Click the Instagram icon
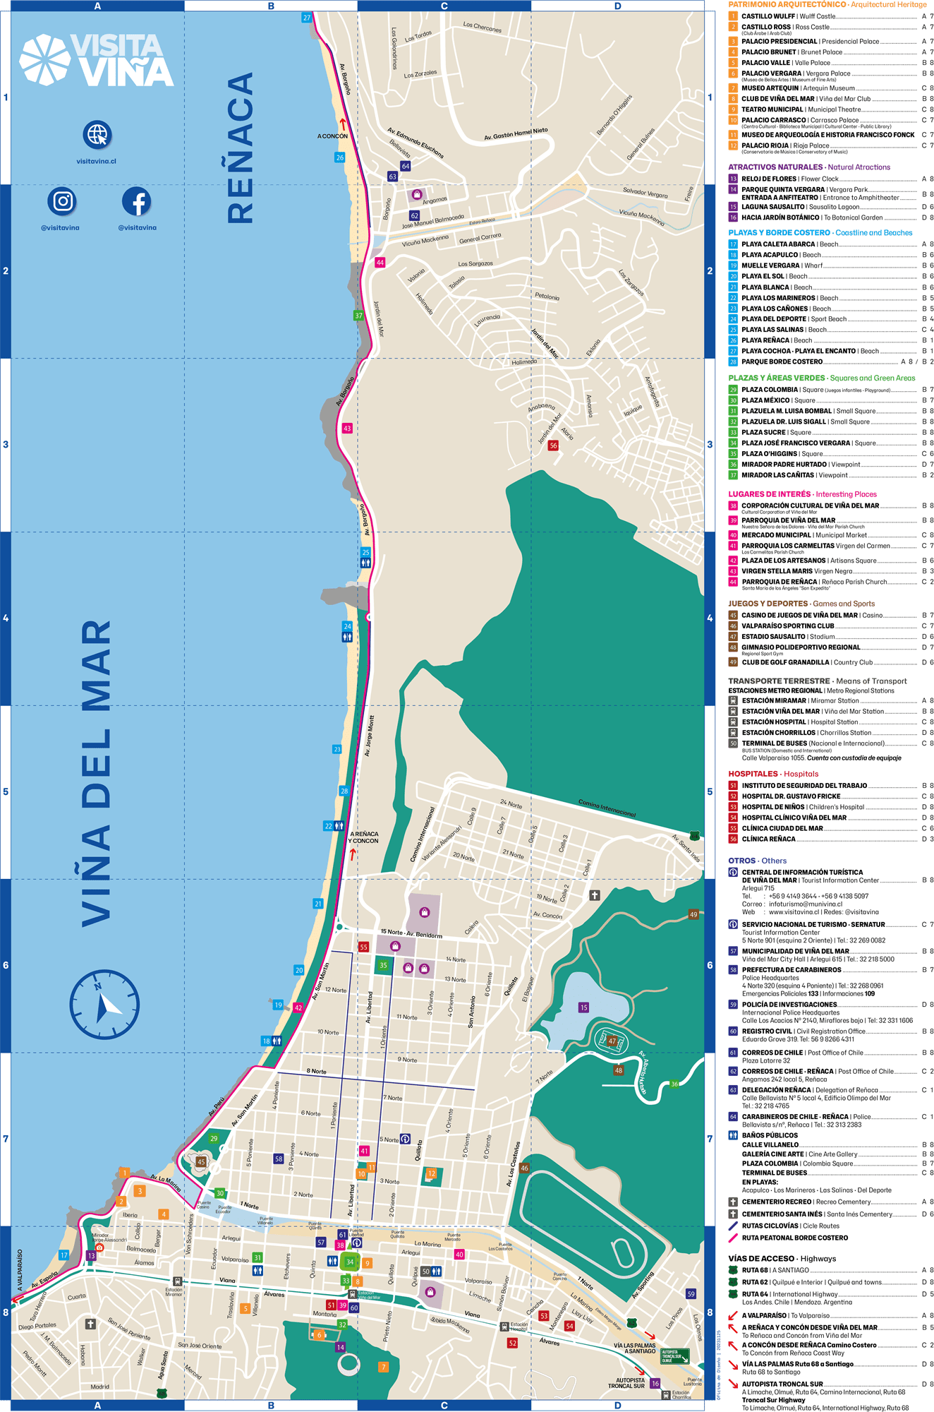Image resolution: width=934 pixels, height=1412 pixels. (x=63, y=201)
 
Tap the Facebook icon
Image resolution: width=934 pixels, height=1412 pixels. (x=137, y=201)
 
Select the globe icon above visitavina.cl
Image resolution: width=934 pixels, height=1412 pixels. (x=97, y=134)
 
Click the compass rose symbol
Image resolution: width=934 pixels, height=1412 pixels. (x=104, y=1004)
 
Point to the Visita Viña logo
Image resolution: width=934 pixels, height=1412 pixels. (x=97, y=61)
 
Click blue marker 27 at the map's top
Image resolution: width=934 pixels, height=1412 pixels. (x=306, y=18)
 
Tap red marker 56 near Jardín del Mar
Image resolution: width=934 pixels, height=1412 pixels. (x=553, y=445)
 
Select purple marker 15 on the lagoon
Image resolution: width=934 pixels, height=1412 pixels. (x=583, y=1007)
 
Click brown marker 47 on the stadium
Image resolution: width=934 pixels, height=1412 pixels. (x=612, y=1041)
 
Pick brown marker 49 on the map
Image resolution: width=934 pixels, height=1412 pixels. (x=693, y=914)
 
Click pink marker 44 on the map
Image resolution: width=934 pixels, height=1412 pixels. (x=380, y=263)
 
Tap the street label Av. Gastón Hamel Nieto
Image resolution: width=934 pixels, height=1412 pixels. (x=516, y=133)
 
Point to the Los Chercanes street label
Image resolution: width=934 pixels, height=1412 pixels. (x=483, y=27)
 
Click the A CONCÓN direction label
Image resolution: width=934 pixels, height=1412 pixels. (x=332, y=136)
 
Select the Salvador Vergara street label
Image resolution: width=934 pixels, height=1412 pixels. (x=645, y=193)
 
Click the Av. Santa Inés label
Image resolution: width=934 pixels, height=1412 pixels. (x=686, y=847)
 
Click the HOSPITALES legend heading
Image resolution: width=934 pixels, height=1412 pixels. (x=773, y=774)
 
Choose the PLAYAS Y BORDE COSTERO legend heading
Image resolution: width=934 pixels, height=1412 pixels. (x=820, y=232)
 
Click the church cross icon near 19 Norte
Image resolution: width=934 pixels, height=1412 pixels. (x=595, y=895)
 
